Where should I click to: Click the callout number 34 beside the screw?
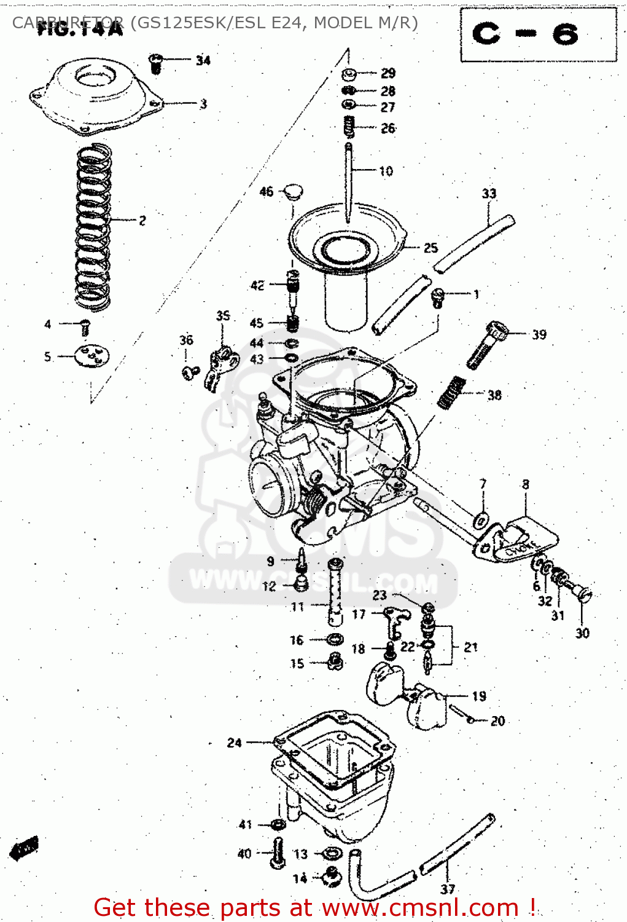(203, 60)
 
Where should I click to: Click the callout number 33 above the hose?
(489, 194)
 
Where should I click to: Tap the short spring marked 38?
(452, 392)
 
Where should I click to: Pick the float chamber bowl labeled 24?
(332, 774)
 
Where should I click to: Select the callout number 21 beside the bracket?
(470, 647)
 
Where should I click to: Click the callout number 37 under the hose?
(448, 889)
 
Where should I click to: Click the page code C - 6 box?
(538, 34)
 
